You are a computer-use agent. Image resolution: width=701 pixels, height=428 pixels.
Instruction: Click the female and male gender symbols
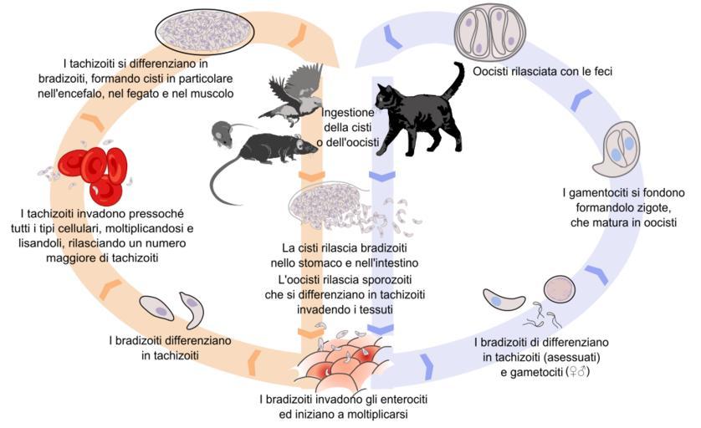(579, 372)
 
